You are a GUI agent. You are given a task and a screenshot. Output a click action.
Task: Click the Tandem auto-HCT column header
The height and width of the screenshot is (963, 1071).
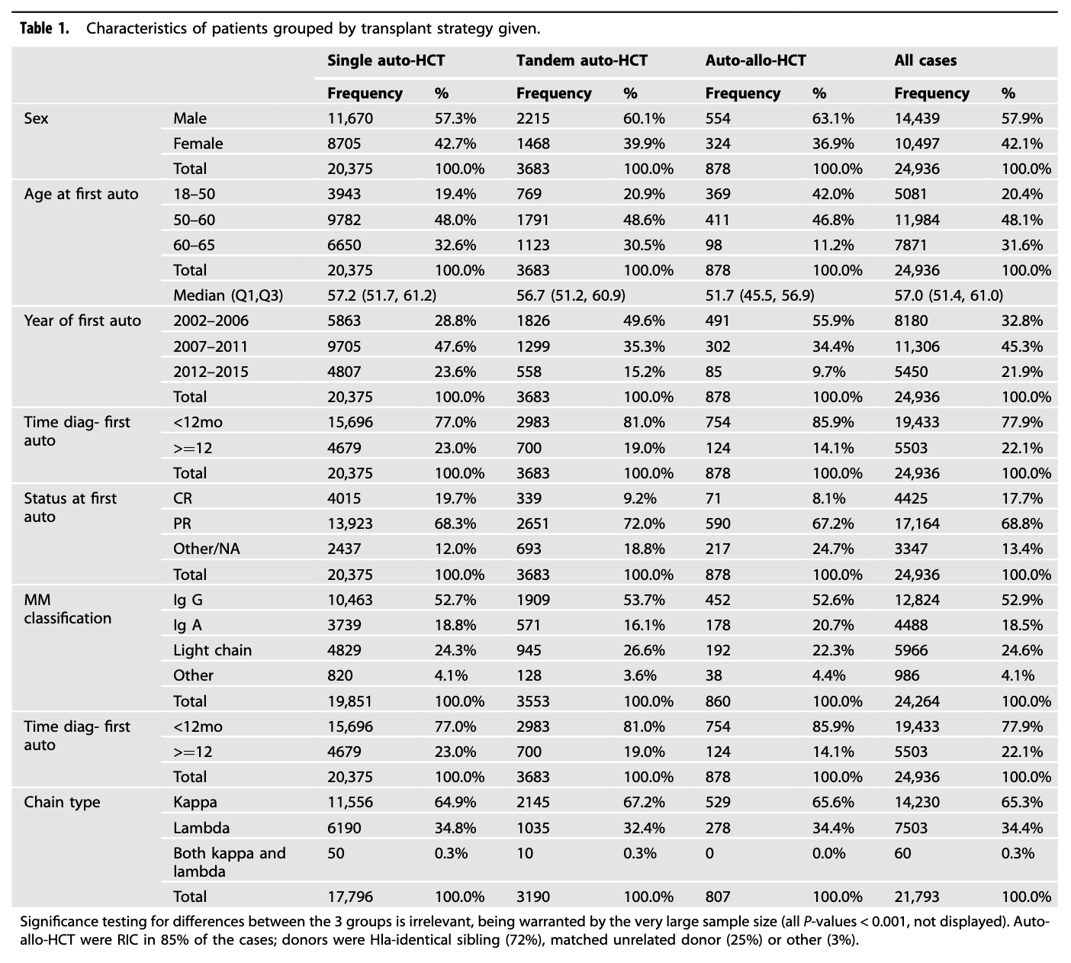coord(581,60)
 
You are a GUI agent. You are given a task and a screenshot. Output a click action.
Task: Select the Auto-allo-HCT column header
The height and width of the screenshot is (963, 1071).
coord(755,60)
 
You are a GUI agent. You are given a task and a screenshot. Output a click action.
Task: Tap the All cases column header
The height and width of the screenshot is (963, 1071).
coord(925,60)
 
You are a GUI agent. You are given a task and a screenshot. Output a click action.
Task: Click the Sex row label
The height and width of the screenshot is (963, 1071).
coord(37,118)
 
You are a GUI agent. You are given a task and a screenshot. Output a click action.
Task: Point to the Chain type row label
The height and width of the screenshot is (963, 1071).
coord(62,802)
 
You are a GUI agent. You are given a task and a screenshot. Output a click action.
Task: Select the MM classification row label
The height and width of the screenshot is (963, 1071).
coord(67,609)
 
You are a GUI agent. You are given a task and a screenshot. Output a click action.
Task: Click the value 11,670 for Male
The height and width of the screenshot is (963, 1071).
coord(350,118)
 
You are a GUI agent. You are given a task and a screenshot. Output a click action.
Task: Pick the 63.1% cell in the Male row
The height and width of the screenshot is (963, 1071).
coord(833,118)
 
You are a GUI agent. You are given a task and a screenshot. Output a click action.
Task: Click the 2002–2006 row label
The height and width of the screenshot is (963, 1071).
coord(211,320)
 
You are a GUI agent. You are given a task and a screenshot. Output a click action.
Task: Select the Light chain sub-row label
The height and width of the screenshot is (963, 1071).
coord(212,650)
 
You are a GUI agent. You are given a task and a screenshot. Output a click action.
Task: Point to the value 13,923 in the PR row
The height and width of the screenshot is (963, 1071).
coord(349,523)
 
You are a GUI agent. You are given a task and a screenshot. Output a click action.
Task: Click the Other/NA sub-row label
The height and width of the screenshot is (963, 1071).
coord(206,549)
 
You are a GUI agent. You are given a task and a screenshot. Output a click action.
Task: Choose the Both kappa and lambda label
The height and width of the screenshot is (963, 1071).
coord(229,862)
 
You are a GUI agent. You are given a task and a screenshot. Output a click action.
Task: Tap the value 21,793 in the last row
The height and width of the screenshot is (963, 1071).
coord(917,897)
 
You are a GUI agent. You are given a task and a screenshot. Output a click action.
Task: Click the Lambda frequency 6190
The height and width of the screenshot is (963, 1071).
coord(344,828)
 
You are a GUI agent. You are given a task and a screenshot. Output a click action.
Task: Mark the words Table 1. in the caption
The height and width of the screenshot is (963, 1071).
coord(45,28)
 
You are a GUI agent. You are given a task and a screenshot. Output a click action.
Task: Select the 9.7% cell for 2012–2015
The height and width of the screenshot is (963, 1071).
coord(829,371)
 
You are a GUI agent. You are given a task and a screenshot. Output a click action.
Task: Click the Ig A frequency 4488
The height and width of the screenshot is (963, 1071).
coord(912,625)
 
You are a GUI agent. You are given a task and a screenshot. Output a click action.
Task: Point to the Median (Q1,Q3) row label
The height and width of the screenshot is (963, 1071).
coord(228,295)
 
